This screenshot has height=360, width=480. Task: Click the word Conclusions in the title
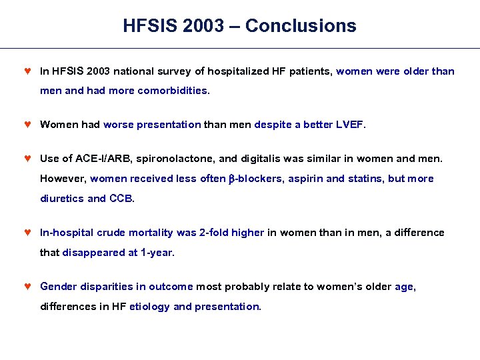pos(301,26)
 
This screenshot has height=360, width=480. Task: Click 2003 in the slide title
pos(201,26)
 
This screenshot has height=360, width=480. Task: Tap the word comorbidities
pos(173,91)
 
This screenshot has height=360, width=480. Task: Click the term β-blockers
pos(259,179)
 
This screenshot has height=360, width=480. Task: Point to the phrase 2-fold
pos(214,233)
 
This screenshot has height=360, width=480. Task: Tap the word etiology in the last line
pos(149,307)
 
